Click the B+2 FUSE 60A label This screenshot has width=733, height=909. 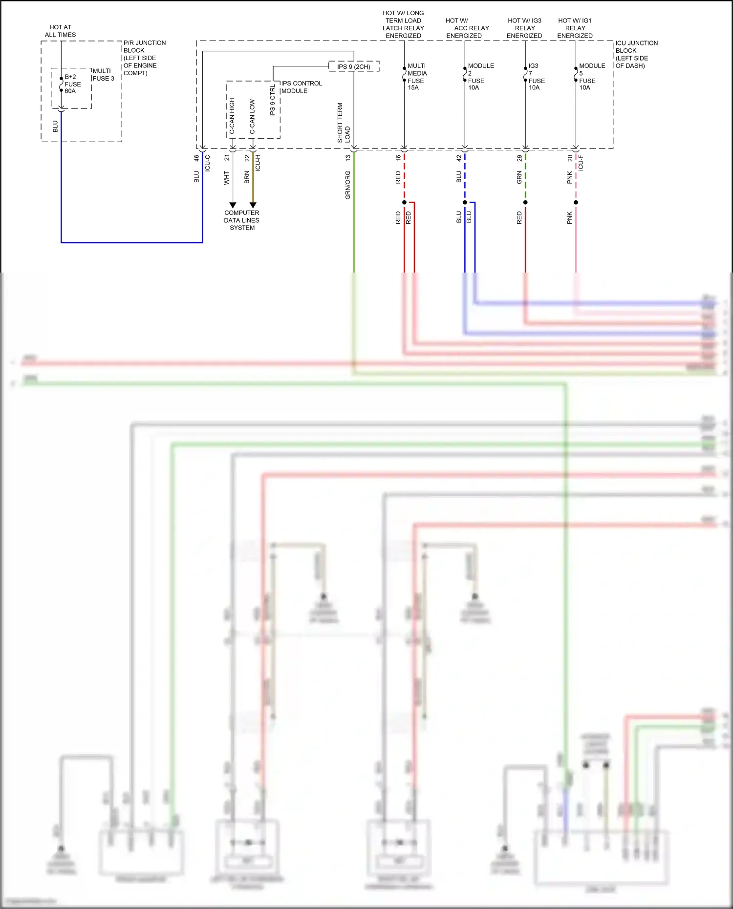point(72,84)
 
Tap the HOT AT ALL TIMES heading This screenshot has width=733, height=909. point(60,31)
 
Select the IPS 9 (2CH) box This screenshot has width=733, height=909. point(354,66)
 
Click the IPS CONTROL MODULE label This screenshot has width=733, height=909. point(301,87)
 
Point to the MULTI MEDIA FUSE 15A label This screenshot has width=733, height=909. point(416,77)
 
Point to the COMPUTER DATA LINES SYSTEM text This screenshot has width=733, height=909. point(242,220)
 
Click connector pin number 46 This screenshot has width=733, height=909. point(196,158)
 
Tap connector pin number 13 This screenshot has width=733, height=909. point(348,158)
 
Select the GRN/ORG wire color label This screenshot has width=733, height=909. point(348,185)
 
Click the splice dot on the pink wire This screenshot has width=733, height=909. point(576,202)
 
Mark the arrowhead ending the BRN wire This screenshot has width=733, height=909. point(253,205)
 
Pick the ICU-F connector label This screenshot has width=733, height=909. point(581,163)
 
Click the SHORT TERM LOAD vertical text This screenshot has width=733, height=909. point(344,123)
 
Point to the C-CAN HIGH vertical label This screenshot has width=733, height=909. point(232,116)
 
